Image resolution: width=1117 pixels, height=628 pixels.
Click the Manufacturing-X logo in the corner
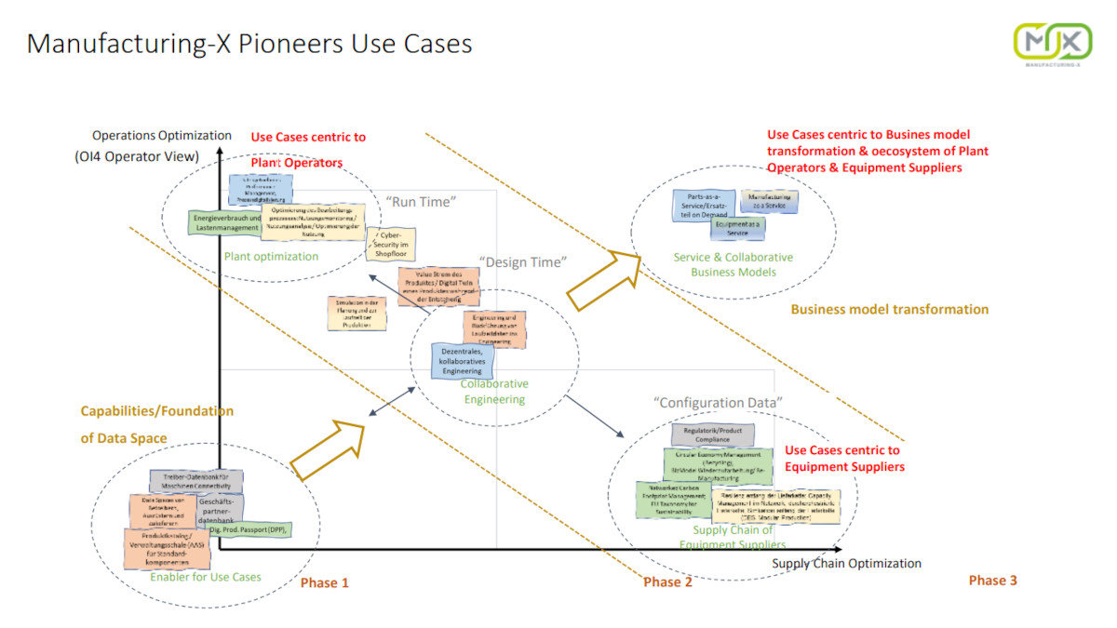1052,44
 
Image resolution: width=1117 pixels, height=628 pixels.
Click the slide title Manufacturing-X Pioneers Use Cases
249,44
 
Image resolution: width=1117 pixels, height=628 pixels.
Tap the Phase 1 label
324,583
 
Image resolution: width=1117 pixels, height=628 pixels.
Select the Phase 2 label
667,582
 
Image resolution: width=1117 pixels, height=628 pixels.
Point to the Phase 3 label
992,581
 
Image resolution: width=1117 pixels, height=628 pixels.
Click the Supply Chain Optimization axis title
846,564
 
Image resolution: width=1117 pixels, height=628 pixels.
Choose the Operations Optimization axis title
161,136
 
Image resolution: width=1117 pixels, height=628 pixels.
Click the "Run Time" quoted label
423,200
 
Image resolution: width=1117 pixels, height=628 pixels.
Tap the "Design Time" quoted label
520,262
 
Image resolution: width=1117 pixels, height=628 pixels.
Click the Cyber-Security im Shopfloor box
391,244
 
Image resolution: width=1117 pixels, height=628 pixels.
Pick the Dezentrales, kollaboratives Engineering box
463,360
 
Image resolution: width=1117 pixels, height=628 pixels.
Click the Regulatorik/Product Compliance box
713,434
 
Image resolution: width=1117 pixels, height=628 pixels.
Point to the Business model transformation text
889,310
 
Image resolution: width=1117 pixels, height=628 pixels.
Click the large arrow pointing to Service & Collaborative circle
603,279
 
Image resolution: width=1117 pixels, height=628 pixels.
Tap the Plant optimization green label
271,257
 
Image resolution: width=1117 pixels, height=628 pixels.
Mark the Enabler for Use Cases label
206,577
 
